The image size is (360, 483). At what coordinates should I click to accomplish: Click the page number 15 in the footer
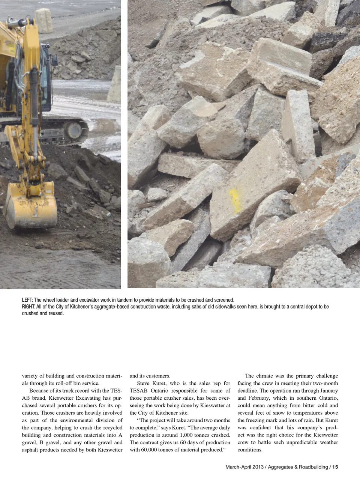335,467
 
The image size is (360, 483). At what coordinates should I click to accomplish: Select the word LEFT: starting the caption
27,300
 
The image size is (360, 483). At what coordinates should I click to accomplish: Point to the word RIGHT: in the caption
28,307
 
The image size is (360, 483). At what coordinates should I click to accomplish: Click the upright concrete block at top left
44,20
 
